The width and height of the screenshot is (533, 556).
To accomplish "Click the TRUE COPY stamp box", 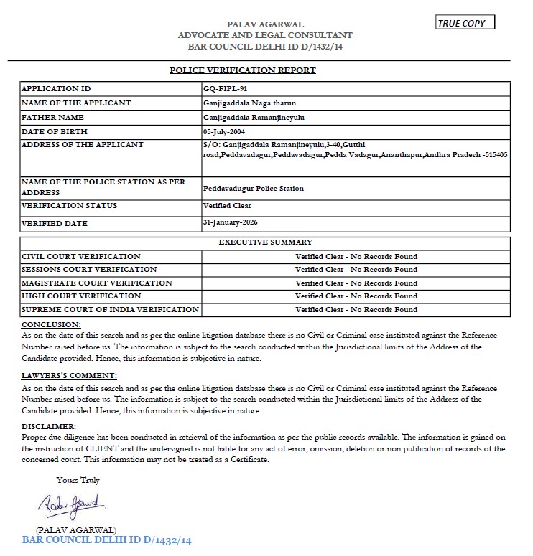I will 465,23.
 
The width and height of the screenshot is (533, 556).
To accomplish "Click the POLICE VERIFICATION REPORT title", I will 242,70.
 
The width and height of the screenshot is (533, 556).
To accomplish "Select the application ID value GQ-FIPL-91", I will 226,89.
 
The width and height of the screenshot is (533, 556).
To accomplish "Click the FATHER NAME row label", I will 52,117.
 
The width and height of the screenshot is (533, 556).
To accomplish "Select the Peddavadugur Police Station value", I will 254,188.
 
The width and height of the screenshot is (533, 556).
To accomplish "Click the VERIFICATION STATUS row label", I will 70,206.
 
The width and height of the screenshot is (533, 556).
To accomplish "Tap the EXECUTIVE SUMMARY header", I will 265,242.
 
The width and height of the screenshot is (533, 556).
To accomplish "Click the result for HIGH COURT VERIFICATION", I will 356,296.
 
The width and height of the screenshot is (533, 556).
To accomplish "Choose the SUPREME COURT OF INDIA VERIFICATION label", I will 110,309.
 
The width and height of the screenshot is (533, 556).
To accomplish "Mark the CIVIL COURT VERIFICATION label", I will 81,256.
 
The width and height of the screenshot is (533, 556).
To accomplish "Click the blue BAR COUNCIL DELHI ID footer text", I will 108,539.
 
